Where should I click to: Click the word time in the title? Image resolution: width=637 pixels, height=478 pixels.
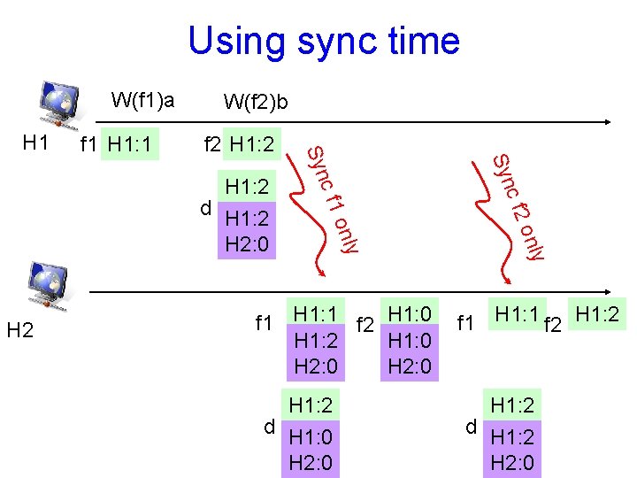[x=421, y=42]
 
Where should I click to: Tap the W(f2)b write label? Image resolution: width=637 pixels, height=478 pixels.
[x=256, y=103]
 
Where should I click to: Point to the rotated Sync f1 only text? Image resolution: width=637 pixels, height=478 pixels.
[x=333, y=200]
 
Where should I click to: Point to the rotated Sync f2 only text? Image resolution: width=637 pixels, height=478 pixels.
[x=518, y=206]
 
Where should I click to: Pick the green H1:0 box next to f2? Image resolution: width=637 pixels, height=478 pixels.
[x=410, y=313]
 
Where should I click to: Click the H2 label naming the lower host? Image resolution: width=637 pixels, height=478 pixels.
[x=19, y=331]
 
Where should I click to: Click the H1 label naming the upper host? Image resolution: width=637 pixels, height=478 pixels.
[x=35, y=142]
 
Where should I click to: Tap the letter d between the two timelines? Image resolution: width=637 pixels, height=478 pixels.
[x=205, y=209]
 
